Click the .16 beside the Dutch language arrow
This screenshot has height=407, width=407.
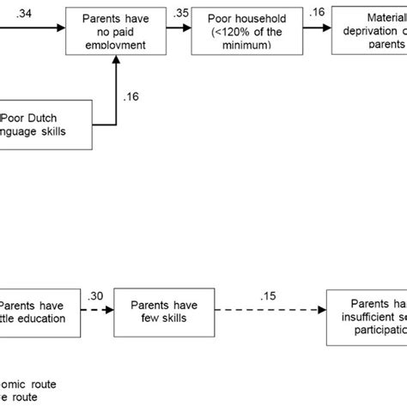click(131, 96)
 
